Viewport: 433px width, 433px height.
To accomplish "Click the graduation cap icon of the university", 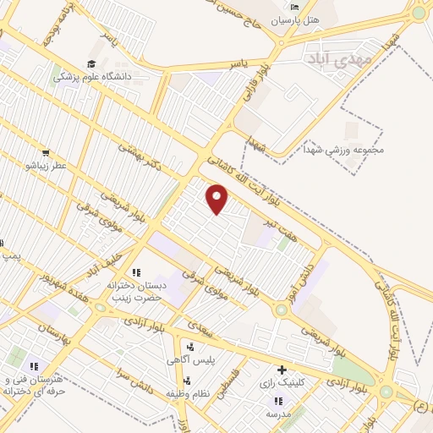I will tap(91, 63).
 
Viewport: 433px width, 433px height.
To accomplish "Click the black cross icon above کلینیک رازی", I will tap(282, 370).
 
